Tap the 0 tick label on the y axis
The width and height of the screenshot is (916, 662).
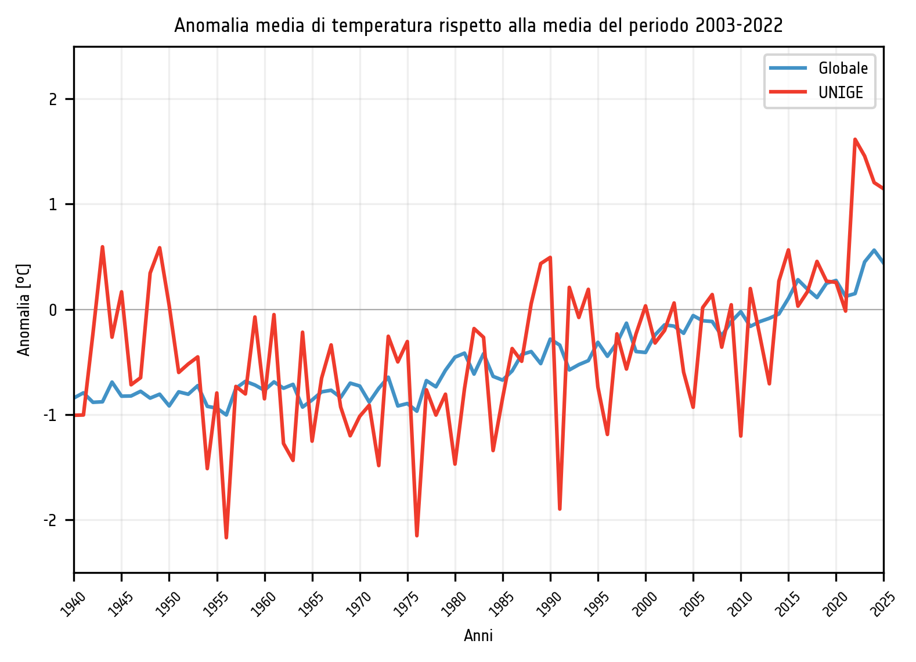pyautogui.click(x=53, y=310)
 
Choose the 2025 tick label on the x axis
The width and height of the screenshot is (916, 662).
pyautogui.click(x=882, y=603)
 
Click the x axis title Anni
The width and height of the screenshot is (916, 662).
pyautogui.click(x=478, y=636)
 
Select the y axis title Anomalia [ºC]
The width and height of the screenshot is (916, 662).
pyautogui.click(x=24, y=310)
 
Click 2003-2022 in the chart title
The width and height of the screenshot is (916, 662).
pyautogui.click(x=738, y=26)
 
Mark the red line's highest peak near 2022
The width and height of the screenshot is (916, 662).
pyautogui.click(x=855, y=139)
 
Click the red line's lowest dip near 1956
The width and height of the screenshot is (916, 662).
pyautogui.click(x=226, y=538)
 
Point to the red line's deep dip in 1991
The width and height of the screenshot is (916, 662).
pyautogui.click(x=560, y=509)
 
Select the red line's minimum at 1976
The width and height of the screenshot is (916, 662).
pyautogui.click(x=417, y=535)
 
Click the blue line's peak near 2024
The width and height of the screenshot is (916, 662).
pyautogui.click(x=874, y=250)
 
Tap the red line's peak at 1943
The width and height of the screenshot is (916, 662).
pyautogui.click(x=102, y=247)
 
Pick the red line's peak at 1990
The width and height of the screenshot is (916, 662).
pyautogui.click(x=550, y=257)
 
